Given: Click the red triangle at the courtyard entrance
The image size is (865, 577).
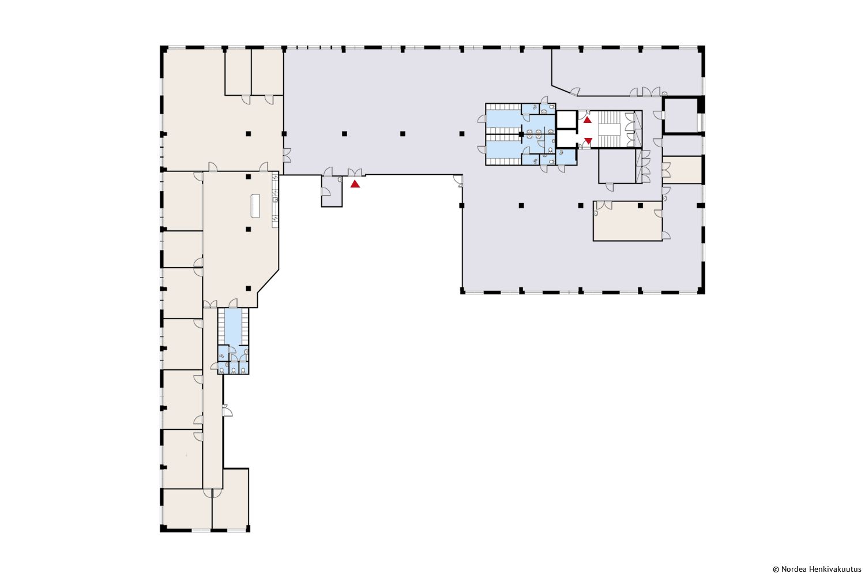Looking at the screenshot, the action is pyautogui.click(x=355, y=184).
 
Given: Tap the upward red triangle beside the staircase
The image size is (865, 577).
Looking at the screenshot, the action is pyautogui.click(x=587, y=120).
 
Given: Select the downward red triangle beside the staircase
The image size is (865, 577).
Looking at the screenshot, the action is pyautogui.click(x=588, y=141).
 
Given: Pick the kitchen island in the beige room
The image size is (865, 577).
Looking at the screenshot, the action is pyautogui.click(x=255, y=205).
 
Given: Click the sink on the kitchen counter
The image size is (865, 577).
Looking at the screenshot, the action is pyautogui.click(x=275, y=200).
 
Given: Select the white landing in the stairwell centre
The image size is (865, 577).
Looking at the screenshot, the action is pyautogui.click(x=609, y=129).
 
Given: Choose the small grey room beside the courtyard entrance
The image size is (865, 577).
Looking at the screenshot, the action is pyautogui.click(x=332, y=191).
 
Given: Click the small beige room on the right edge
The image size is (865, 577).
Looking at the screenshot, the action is pyautogui.click(x=682, y=170).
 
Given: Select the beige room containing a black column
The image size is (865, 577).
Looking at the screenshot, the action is pyautogui.click(x=627, y=220).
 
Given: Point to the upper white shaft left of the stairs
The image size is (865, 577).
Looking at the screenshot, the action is pyautogui.click(x=566, y=119).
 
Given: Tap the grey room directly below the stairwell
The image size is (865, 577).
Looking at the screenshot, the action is pyautogui.click(x=617, y=166).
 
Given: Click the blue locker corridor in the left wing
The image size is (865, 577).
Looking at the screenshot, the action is pyautogui.click(x=233, y=326).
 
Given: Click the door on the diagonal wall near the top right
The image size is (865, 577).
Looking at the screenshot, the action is pyautogui.click(x=575, y=92).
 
